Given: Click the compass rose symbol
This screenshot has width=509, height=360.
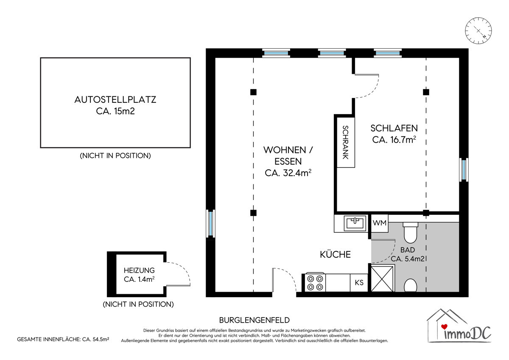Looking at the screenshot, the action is tap(478, 31).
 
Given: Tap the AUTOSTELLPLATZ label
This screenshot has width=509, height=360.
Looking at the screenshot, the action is tap(115, 100).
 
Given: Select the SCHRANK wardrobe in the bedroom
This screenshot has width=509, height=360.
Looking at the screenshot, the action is tap(346, 142).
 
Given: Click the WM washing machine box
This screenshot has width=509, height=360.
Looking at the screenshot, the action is tap(380, 223).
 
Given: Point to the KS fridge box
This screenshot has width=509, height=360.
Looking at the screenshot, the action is tap(359, 283).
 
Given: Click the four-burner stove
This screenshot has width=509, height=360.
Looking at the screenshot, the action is tap(315, 282).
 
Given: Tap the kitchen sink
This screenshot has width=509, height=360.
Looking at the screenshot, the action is tap(355, 223).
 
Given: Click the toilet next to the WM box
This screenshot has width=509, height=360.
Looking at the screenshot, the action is tap(411, 232).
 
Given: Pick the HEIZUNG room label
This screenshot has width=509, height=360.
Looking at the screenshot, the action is tap(139, 270).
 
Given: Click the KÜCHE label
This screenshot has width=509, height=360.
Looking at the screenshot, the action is tap(335, 254).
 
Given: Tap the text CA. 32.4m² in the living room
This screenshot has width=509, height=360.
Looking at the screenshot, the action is tap(288, 173).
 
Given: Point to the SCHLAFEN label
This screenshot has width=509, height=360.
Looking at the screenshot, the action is tap(394, 128).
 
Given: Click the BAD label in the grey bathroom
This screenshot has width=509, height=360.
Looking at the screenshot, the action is tap(408, 250).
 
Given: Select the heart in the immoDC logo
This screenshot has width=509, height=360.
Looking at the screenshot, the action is tap(444, 326).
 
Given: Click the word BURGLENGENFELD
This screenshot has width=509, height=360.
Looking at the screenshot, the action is tap(254, 320).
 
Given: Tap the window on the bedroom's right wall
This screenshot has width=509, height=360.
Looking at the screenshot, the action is tap(464, 170).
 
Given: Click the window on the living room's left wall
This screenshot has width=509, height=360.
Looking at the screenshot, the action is tap(210, 224).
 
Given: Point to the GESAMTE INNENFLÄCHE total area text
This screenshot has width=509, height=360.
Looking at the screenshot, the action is tap(63, 339).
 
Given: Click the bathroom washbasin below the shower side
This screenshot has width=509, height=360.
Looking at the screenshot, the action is tap(411, 285).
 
